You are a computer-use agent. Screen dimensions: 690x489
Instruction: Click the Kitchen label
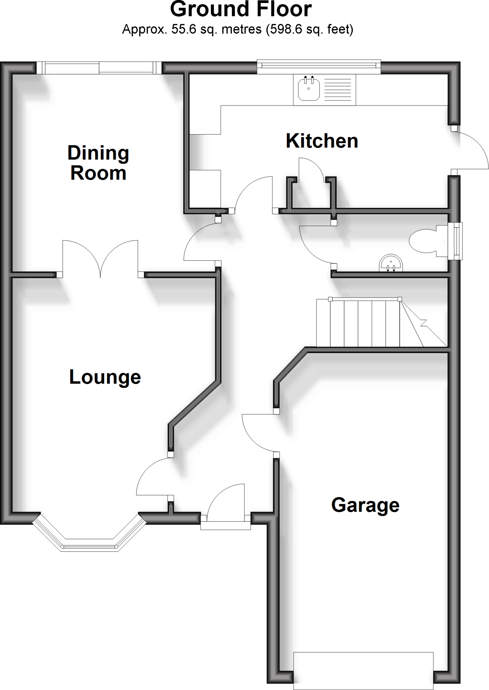tap(322, 141)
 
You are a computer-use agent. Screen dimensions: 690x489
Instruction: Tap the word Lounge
tap(105, 377)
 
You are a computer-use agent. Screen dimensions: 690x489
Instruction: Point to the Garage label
tap(365, 505)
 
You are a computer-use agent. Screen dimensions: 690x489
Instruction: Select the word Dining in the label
tap(98, 153)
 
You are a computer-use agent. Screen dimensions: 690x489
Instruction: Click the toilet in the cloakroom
tap(425, 241)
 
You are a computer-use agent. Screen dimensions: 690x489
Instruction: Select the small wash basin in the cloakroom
tap(391, 263)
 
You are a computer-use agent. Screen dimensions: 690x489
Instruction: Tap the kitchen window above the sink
tap(319, 67)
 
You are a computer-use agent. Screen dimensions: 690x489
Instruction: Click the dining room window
tap(99, 68)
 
